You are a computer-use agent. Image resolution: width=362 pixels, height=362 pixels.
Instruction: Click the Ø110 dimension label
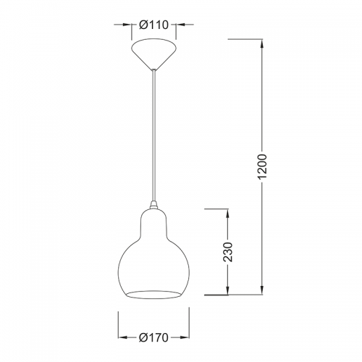(153, 25)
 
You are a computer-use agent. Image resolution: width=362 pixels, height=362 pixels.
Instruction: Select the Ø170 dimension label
(153, 337)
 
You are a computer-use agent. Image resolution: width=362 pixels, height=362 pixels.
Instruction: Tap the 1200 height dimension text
(262, 167)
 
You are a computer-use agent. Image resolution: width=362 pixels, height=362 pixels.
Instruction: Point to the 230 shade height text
(228, 252)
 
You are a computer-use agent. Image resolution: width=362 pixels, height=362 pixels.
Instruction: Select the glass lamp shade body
(153, 255)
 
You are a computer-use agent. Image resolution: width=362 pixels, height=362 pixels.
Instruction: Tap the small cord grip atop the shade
(153, 205)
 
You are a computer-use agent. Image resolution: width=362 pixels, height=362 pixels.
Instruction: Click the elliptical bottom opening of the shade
(153, 295)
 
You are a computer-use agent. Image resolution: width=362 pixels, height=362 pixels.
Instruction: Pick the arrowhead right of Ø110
(180, 25)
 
